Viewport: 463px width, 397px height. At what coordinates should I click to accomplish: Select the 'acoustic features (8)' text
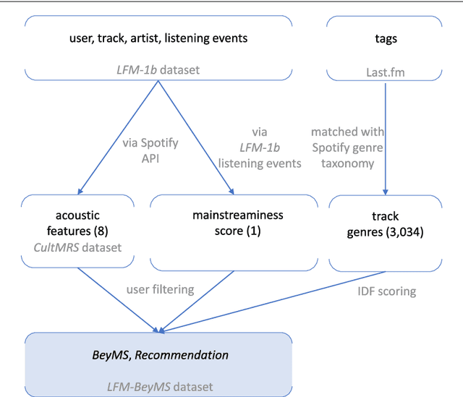77,223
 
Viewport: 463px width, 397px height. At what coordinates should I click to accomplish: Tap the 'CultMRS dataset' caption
77,247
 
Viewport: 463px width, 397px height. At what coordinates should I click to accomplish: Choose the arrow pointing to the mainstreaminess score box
195,137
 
